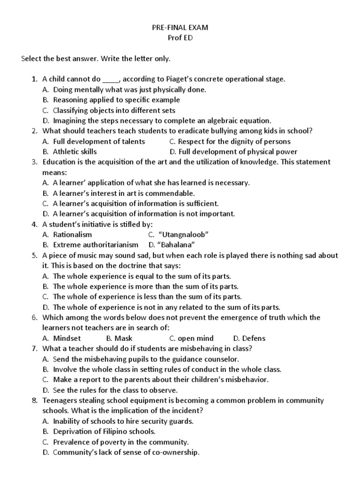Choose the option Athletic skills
coord(75,151)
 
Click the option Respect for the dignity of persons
coord(234,141)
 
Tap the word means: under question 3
coord(55,172)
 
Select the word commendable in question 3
coord(173,193)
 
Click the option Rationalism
coord(73,234)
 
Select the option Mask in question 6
coord(124,338)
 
